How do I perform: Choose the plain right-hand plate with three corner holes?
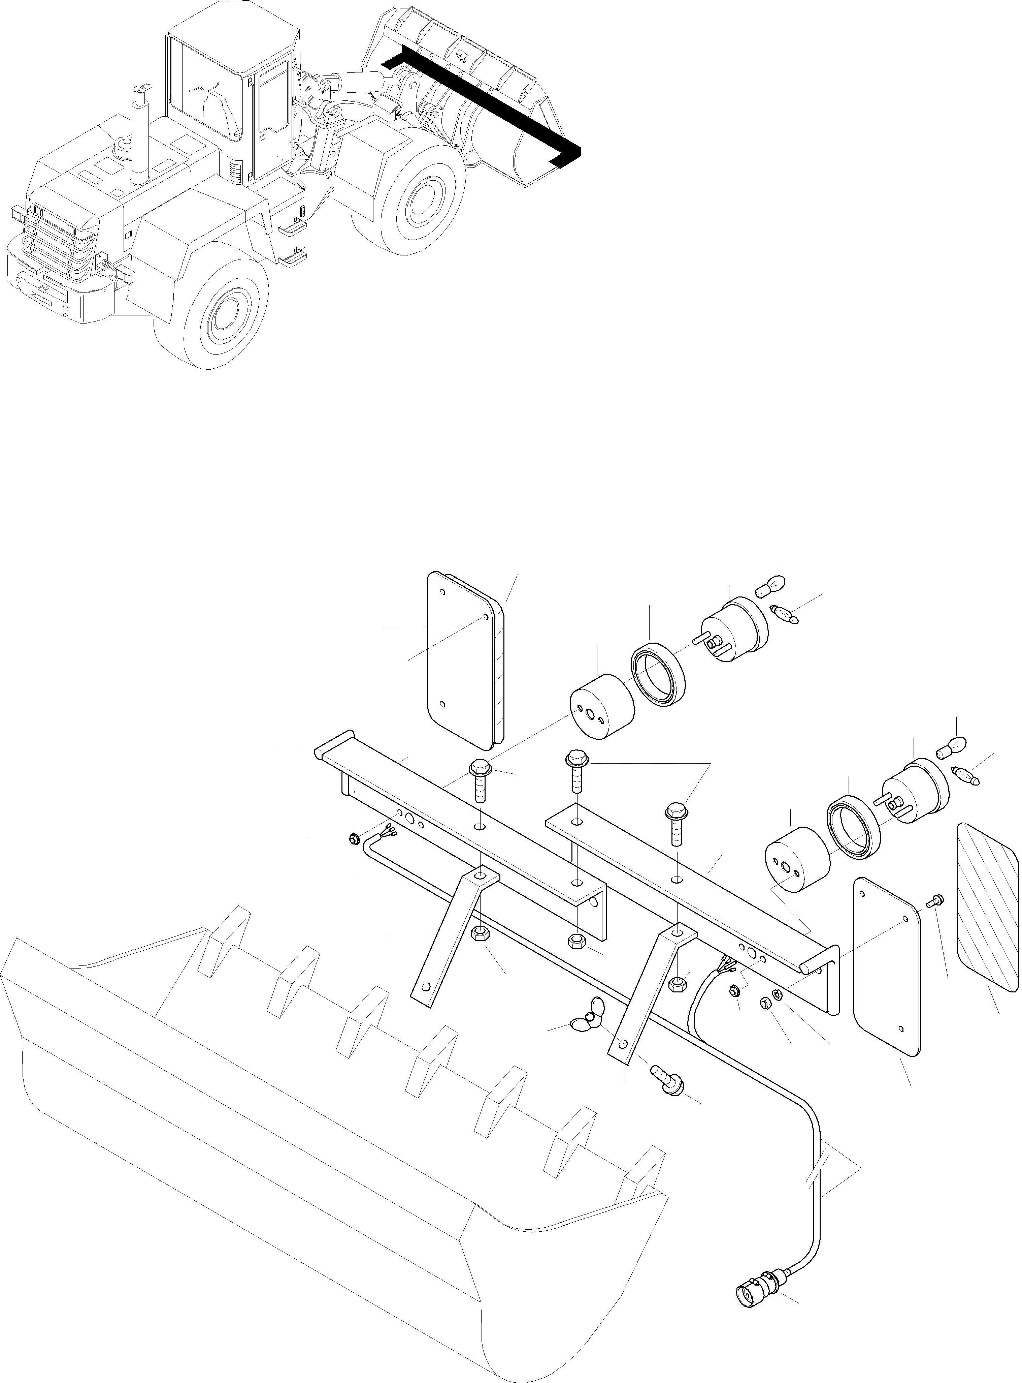887,964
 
